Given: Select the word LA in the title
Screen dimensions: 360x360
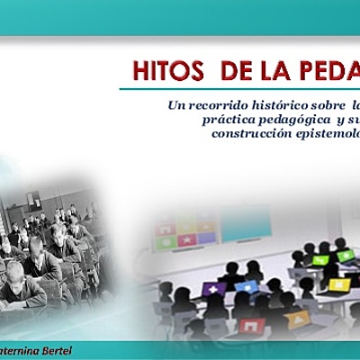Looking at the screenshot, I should click(249, 71).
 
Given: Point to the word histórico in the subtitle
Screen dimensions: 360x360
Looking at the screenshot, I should click(283, 106).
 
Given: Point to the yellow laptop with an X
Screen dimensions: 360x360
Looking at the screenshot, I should click(339, 284).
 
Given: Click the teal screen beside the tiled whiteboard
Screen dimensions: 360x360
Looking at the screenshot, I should click(246, 222).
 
